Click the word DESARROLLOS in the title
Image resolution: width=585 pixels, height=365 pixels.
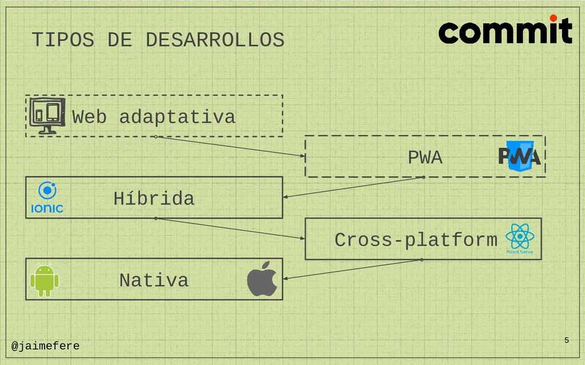214,40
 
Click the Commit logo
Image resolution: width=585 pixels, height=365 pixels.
505,31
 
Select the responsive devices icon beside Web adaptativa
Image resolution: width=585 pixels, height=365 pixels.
47,115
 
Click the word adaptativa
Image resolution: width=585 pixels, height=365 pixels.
177,117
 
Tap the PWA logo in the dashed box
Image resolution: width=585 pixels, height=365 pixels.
519,155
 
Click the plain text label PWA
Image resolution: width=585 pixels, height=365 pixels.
425,157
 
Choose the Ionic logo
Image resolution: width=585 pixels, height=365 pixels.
47,197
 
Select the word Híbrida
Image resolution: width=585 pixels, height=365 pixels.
154,199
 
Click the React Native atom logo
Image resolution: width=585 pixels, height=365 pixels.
519,238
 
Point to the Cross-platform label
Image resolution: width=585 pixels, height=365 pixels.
416,240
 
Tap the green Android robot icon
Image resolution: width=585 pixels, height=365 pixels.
44,279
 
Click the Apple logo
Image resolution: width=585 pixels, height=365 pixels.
262,279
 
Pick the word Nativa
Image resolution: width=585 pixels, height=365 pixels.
154,281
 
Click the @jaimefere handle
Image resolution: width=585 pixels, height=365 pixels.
46,346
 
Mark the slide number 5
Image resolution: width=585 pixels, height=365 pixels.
566,340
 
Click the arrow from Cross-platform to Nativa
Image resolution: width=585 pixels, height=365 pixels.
352,269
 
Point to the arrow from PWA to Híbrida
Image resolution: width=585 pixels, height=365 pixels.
353,188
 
